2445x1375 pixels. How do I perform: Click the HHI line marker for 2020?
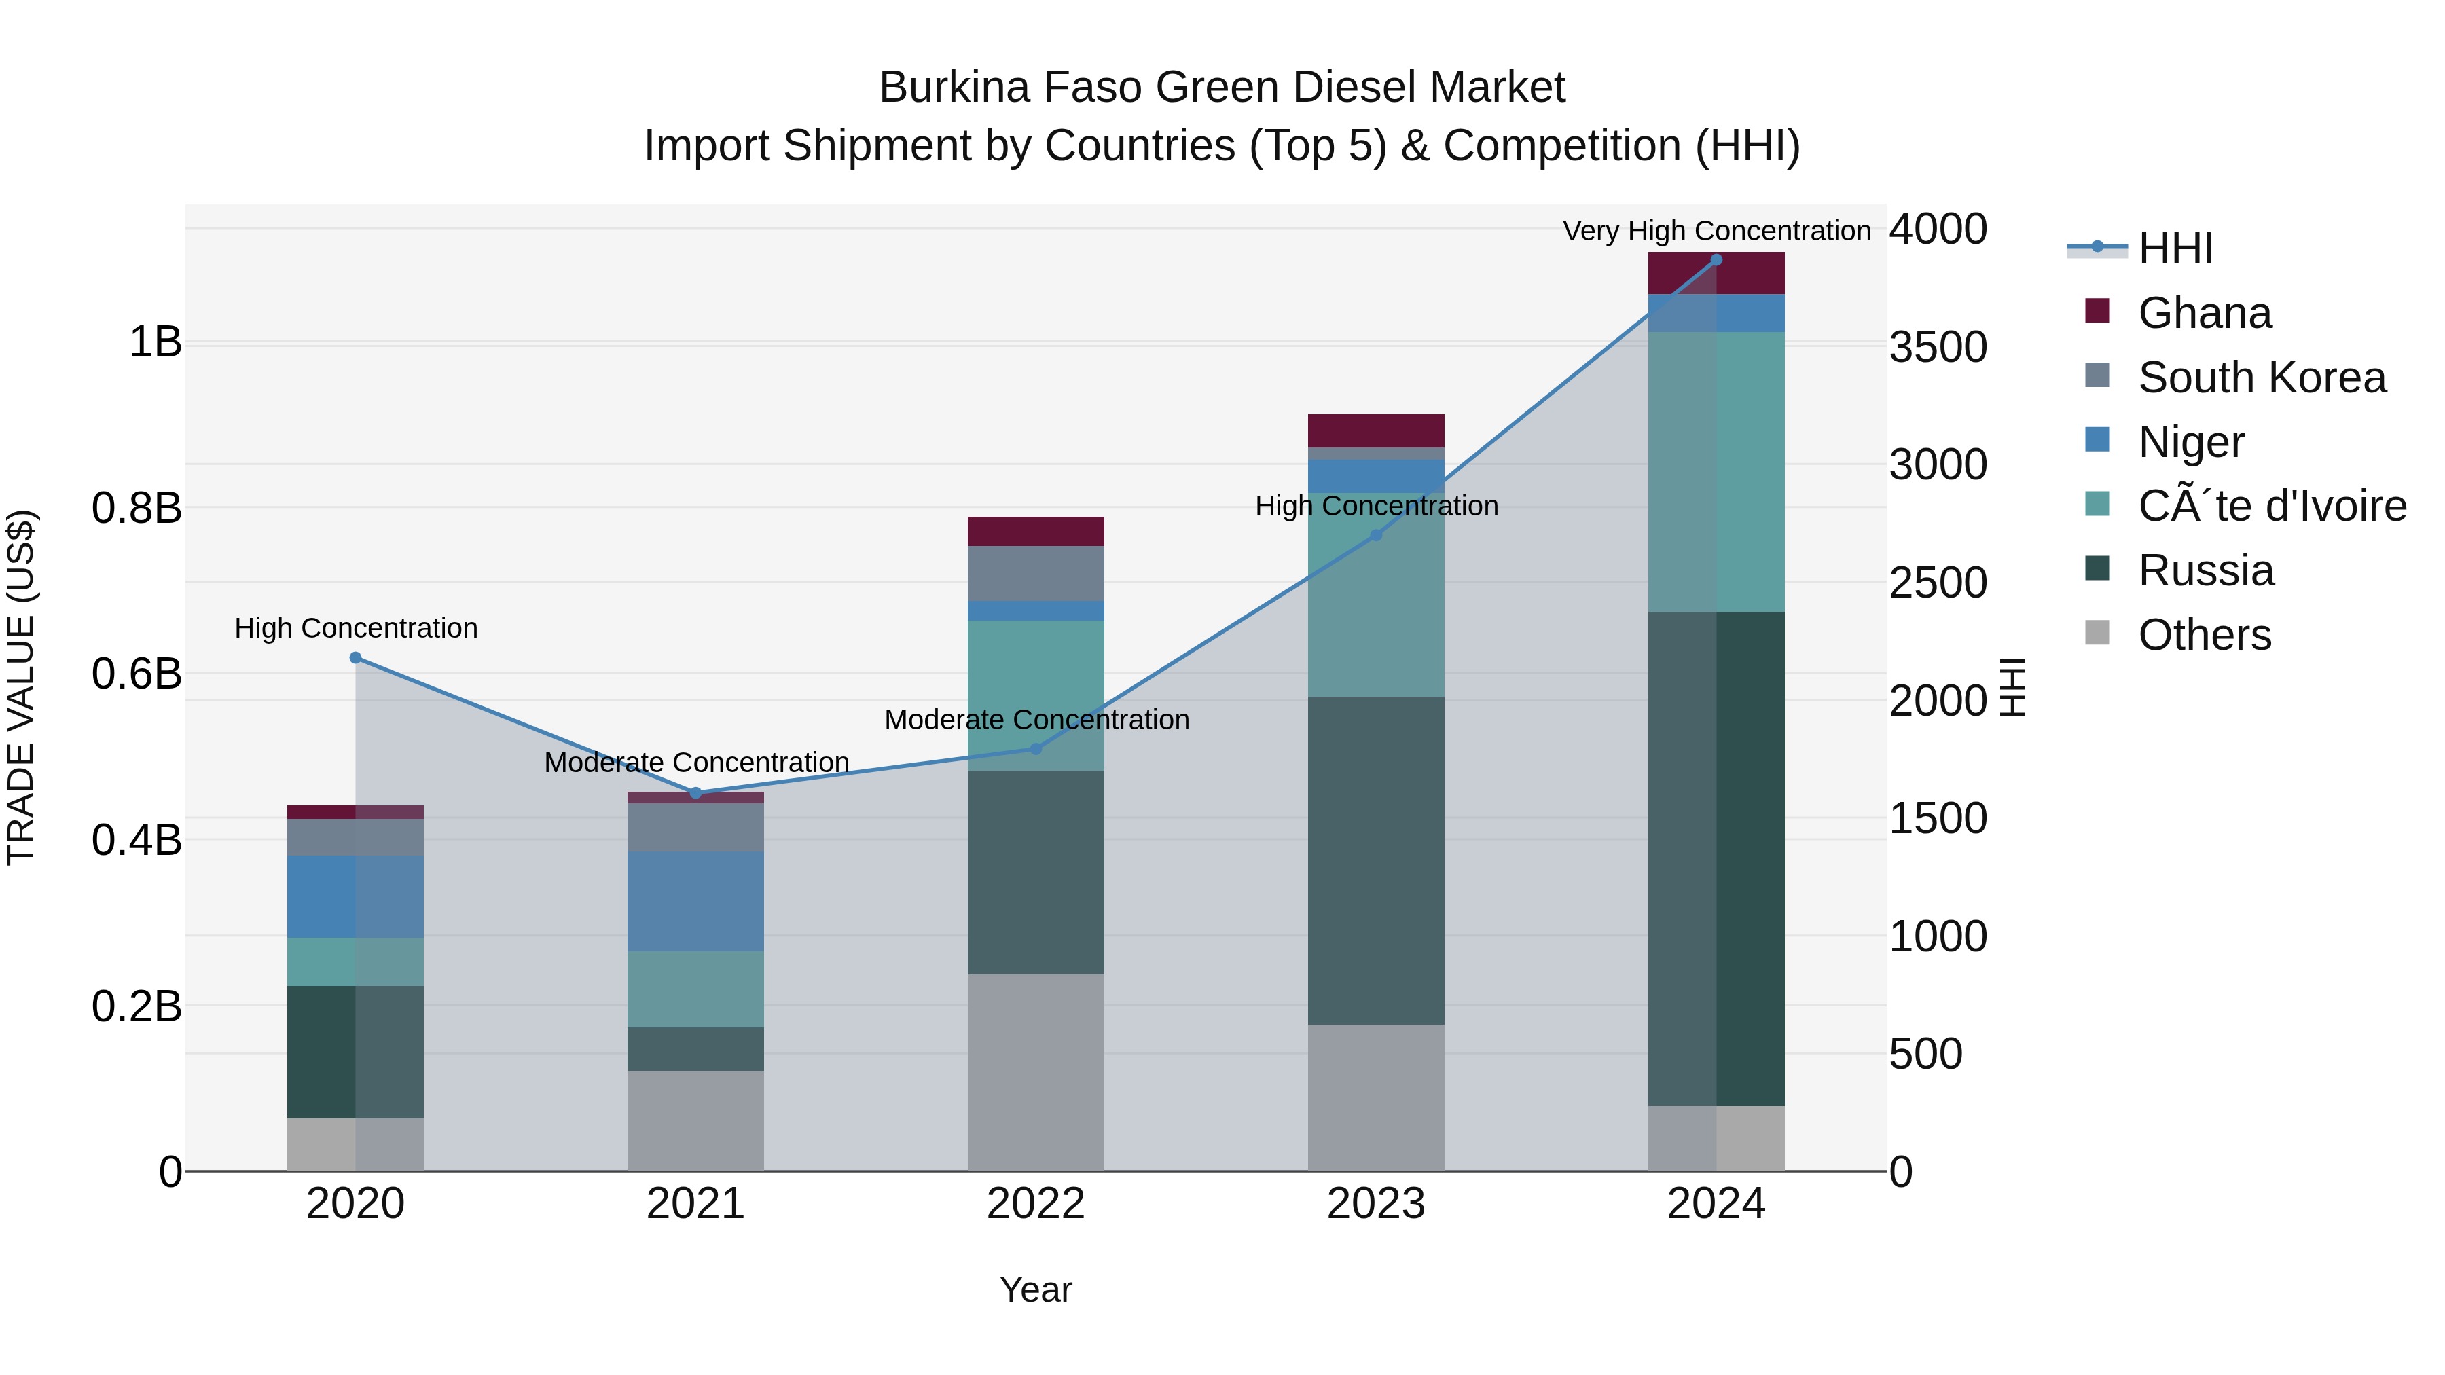click(x=356, y=657)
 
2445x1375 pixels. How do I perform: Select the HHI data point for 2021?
click(x=695, y=793)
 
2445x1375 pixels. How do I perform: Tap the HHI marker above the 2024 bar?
click(x=1716, y=260)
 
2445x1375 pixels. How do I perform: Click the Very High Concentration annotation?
click(x=1716, y=232)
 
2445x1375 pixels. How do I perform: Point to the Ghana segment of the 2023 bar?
click(x=1376, y=430)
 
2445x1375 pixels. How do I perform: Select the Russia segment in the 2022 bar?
click(x=1036, y=872)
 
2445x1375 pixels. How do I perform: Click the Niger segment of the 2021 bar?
click(x=695, y=902)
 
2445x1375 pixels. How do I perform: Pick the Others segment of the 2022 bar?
click(x=1036, y=1072)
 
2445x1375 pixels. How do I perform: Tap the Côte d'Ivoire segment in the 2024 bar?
click(x=1716, y=472)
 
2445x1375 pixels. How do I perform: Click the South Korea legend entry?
click(x=2262, y=378)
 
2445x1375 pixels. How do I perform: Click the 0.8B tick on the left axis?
click(x=137, y=509)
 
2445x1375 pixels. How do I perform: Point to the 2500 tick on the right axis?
click(x=1937, y=583)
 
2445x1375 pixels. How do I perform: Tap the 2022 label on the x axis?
click(x=1036, y=1204)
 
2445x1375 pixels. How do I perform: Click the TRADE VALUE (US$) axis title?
click(x=21, y=687)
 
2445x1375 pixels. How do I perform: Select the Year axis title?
click(x=1036, y=1289)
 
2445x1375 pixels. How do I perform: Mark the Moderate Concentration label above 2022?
click(x=1036, y=720)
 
